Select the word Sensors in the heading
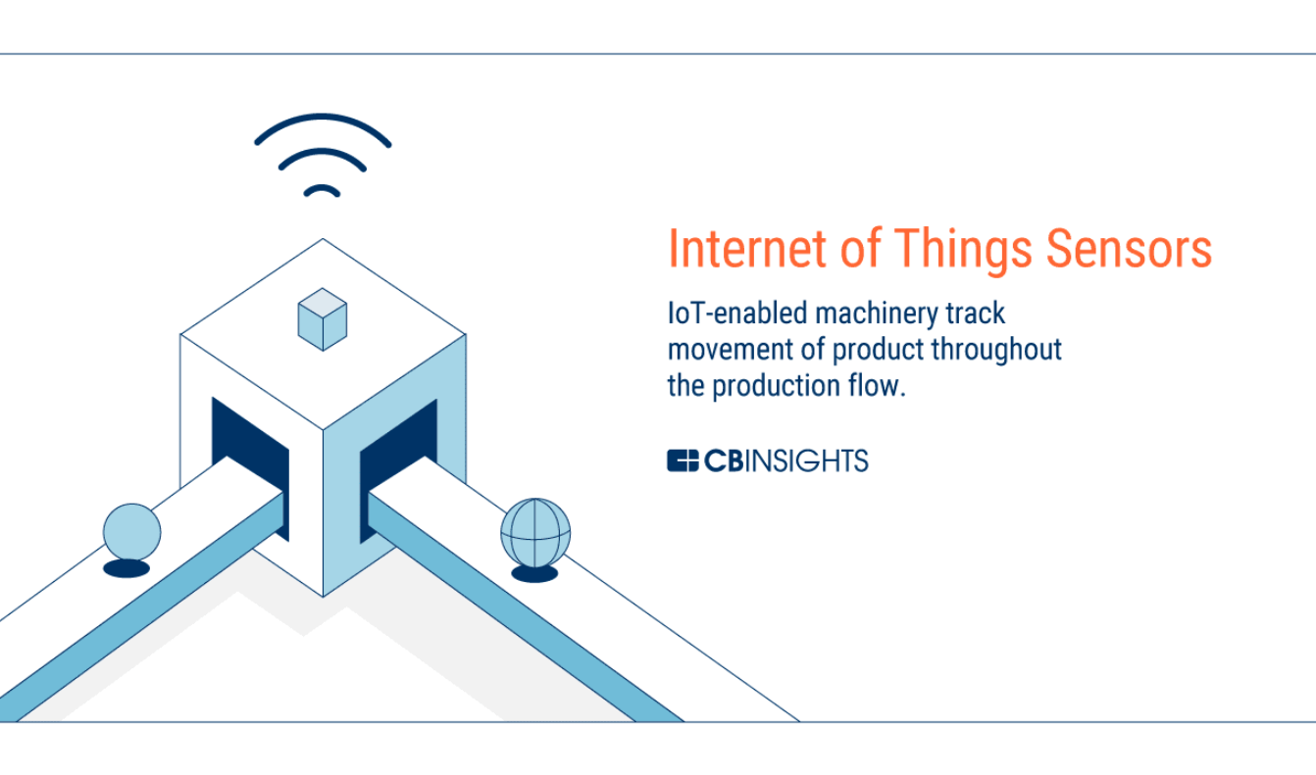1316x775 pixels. (x=1129, y=249)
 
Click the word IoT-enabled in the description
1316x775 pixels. (x=737, y=313)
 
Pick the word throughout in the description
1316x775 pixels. (x=996, y=351)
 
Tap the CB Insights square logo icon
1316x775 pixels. (x=683, y=460)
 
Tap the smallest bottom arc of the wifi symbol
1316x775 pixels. (x=322, y=188)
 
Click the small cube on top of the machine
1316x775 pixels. (x=323, y=319)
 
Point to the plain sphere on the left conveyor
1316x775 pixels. (x=131, y=532)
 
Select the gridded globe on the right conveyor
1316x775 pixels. (x=535, y=533)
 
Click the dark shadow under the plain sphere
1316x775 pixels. (x=127, y=568)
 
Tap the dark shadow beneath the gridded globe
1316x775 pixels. (x=534, y=573)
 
